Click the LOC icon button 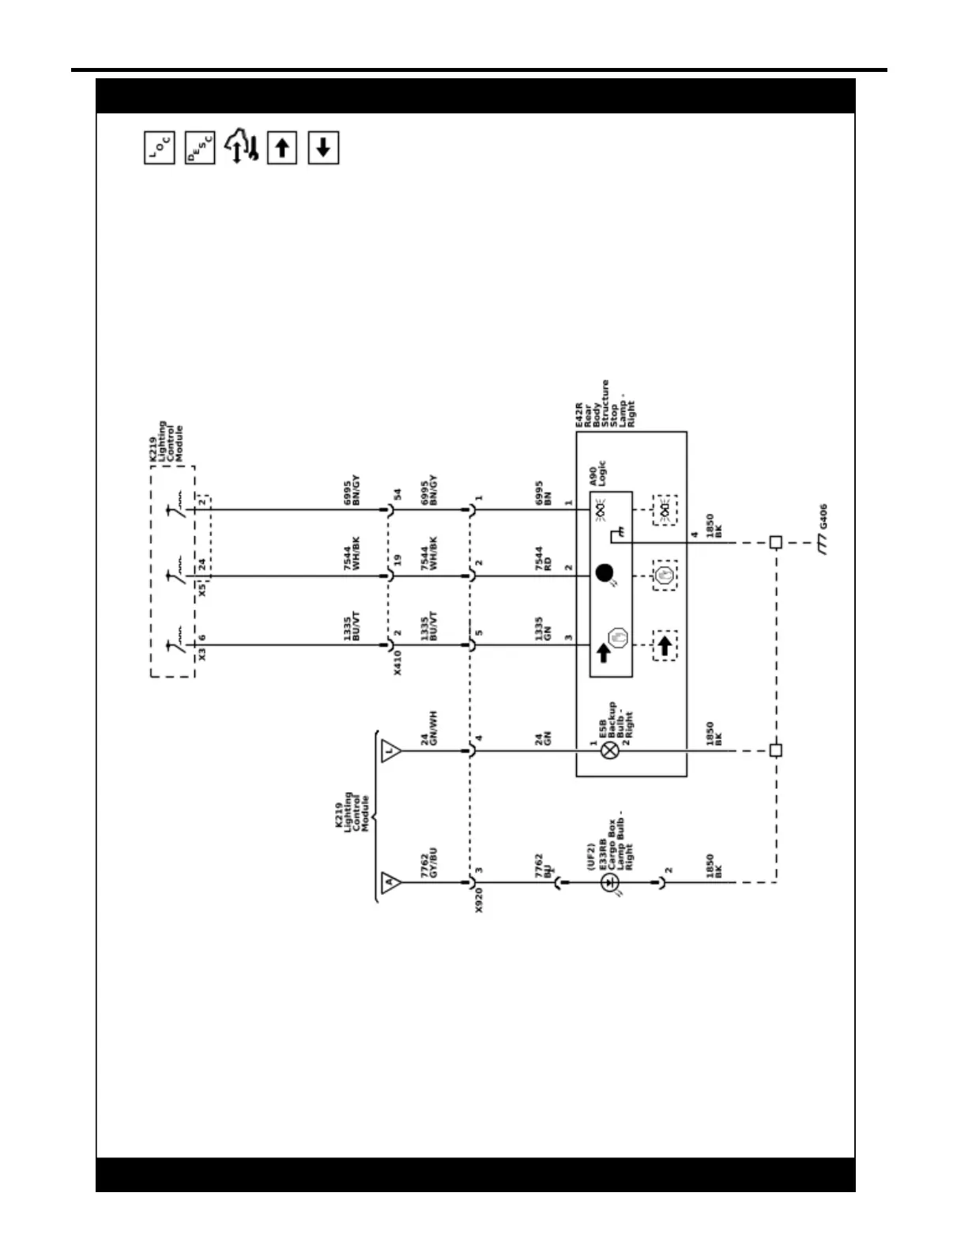coord(160,148)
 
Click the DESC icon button coord(200,148)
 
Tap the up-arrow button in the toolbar coord(282,148)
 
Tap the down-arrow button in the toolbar coord(323,148)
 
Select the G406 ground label coord(823,518)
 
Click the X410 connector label coord(397,661)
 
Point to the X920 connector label coord(479,900)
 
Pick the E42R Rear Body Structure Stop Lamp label coord(605,404)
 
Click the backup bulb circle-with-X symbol coord(609,750)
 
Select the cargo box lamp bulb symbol coord(609,883)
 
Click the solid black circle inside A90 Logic coord(605,573)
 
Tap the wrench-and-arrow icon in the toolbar coord(242,148)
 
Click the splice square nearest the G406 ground coord(776,542)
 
